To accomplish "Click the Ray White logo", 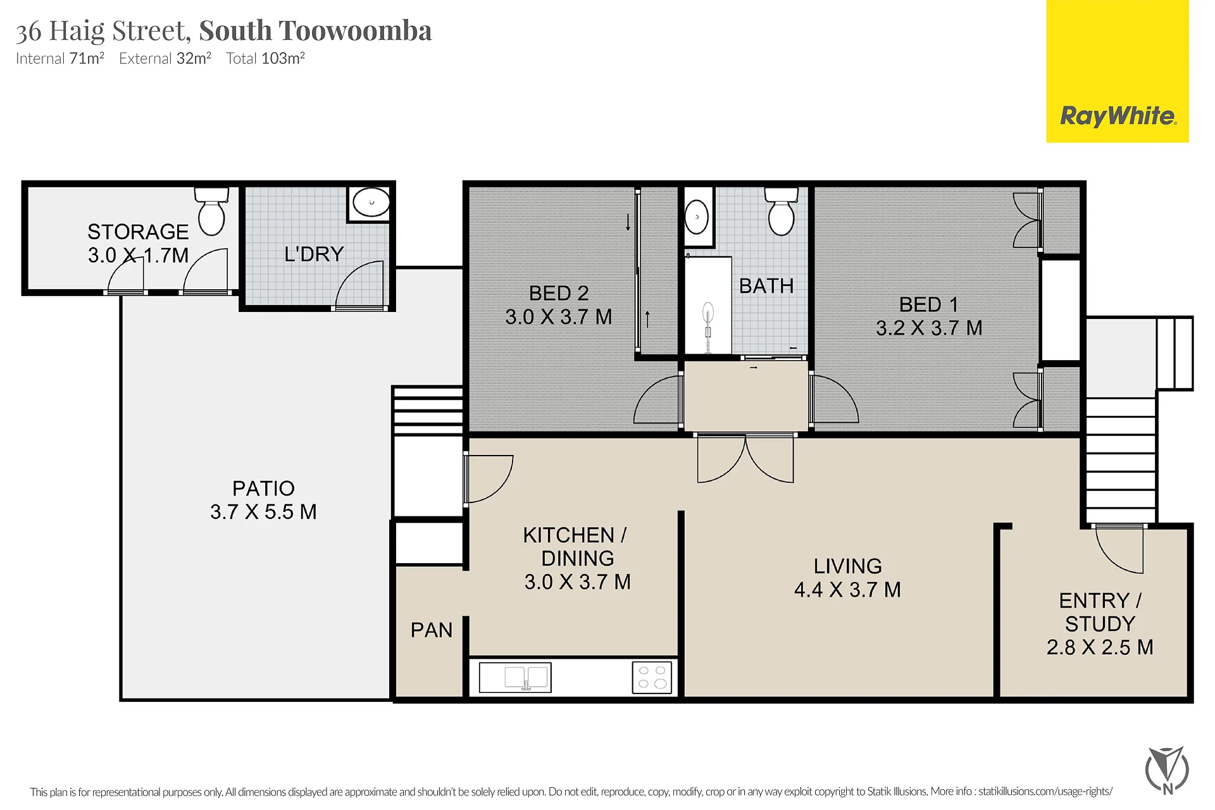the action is pyautogui.click(x=1117, y=71).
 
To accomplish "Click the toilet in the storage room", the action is pyautogui.click(x=211, y=211).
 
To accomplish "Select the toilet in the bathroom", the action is pyautogui.click(x=781, y=211).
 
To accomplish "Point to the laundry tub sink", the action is pyautogui.click(x=371, y=202).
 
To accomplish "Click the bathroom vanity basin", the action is pyautogui.click(x=697, y=217).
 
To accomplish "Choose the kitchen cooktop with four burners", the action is pyautogui.click(x=652, y=677).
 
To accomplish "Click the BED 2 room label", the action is pyautogui.click(x=559, y=294).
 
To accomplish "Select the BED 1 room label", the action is pyautogui.click(x=928, y=305).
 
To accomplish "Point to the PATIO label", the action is pyautogui.click(x=263, y=489).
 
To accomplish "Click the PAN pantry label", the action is pyautogui.click(x=432, y=630).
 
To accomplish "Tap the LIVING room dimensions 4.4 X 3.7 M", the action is pyautogui.click(x=847, y=590).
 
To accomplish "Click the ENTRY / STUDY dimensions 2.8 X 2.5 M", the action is pyautogui.click(x=1100, y=647).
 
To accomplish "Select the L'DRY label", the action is pyautogui.click(x=314, y=254).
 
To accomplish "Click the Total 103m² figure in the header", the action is pyautogui.click(x=266, y=58).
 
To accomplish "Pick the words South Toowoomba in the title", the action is pyautogui.click(x=315, y=30).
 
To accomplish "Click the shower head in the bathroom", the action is pyautogui.click(x=708, y=313).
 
